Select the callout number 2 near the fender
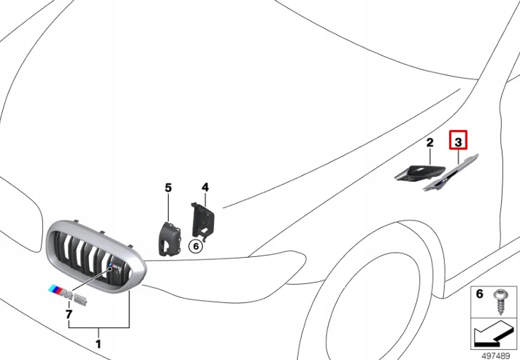(x=430, y=142)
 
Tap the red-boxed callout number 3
(x=458, y=140)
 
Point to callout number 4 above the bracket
(x=205, y=188)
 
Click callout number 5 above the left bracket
(x=168, y=188)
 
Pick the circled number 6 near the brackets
(x=196, y=246)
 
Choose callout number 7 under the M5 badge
(x=69, y=315)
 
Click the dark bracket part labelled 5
(x=169, y=234)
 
